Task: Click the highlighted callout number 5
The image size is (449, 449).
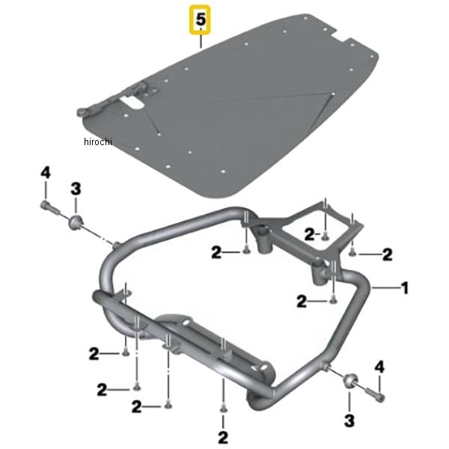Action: click(x=201, y=19)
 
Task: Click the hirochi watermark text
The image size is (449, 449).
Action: click(x=97, y=141)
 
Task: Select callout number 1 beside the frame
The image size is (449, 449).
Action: click(x=404, y=287)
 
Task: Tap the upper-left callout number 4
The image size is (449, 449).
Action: click(x=46, y=174)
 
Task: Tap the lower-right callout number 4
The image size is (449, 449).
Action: click(x=379, y=367)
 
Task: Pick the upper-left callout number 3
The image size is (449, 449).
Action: click(x=76, y=189)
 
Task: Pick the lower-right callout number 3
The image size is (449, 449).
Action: click(x=349, y=421)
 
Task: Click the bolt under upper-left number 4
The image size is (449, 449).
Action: click(x=49, y=207)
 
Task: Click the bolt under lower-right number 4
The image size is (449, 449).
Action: click(x=373, y=394)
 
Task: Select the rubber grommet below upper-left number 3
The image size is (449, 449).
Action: click(x=76, y=222)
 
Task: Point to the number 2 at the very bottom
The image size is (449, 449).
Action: click(x=223, y=437)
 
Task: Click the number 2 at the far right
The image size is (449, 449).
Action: click(x=387, y=254)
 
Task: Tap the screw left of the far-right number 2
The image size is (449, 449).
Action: click(x=352, y=253)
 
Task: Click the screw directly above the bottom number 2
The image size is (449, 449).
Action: click(x=223, y=409)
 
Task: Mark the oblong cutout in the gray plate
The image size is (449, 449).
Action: click(x=132, y=103)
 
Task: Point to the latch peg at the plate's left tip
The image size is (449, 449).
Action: click(x=81, y=112)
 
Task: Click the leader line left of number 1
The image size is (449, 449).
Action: click(x=385, y=288)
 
